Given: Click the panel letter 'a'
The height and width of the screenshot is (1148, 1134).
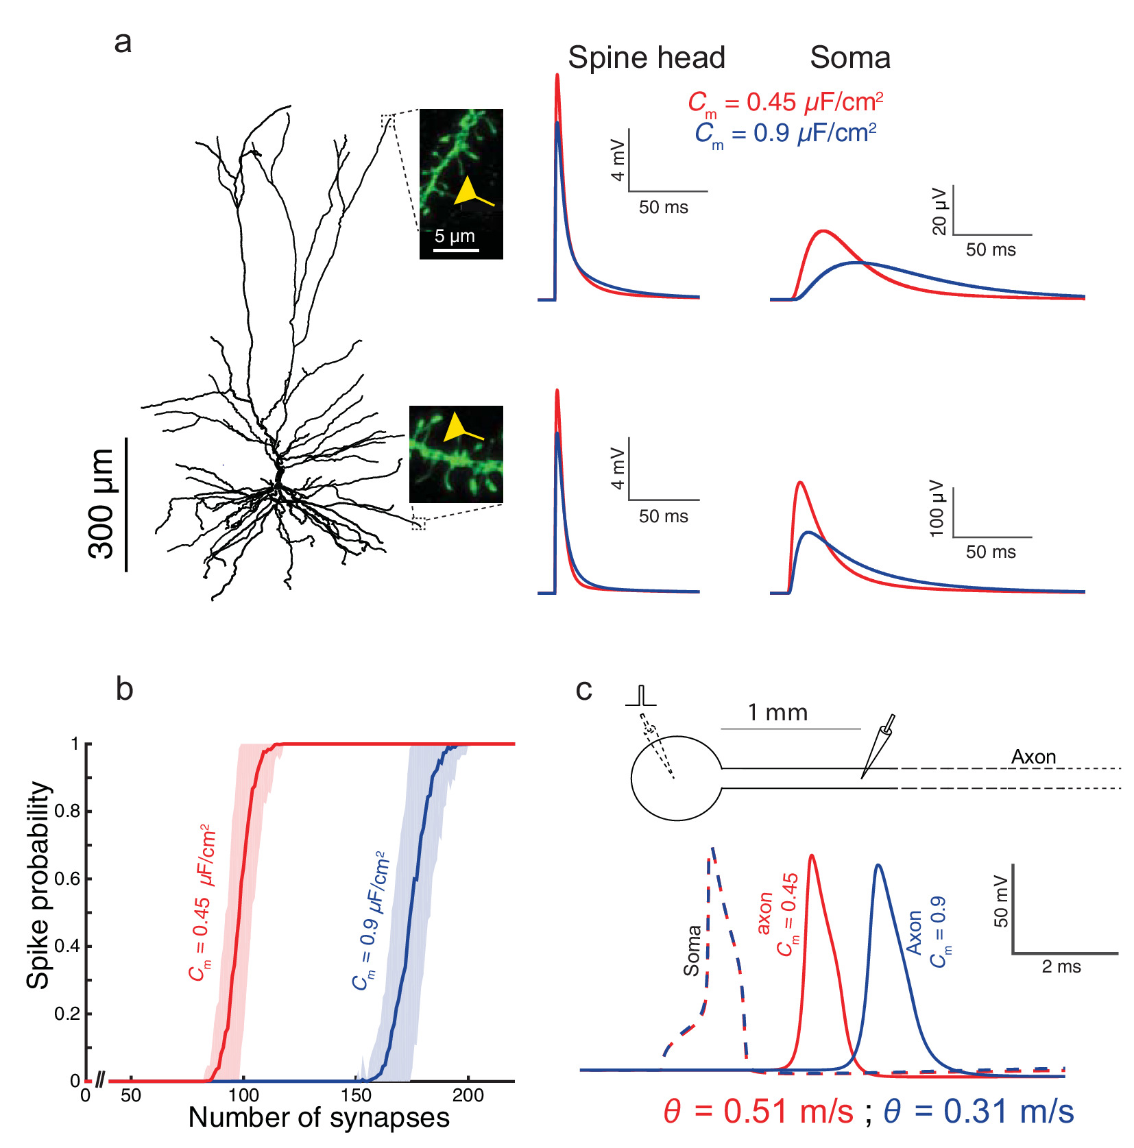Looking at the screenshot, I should click(x=123, y=42).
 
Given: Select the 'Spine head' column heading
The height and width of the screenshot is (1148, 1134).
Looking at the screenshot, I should click(x=646, y=58).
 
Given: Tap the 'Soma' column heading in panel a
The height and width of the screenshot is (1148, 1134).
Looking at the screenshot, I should click(x=850, y=58).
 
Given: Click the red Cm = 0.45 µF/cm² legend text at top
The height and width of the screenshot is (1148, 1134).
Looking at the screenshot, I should click(x=785, y=103).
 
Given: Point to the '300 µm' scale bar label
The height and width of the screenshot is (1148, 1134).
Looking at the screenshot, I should click(x=102, y=504).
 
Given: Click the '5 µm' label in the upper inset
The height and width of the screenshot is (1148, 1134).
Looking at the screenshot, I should click(x=455, y=236).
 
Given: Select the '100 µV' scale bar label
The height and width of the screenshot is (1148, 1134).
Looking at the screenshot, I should click(x=937, y=509).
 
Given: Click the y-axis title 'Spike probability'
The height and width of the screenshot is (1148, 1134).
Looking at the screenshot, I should click(x=39, y=885).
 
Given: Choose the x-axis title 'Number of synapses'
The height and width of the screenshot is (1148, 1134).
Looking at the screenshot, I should click(x=319, y=1117).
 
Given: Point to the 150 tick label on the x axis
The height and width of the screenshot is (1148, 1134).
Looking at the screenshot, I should click(x=356, y=1095).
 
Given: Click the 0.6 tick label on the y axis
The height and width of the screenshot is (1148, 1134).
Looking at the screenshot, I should click(x=67, y=879).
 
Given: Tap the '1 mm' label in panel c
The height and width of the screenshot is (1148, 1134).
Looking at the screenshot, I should click(x=777, y=713).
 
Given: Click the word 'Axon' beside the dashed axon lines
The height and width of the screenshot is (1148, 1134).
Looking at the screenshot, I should click(x=1033, y=757).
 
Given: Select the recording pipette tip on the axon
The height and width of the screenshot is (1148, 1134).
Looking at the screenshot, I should click(x=863, y=777).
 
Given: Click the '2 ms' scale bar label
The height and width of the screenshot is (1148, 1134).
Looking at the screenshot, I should click(x=1061, y=967).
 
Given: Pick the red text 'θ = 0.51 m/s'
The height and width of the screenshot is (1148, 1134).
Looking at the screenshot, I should click(x=758, y=1112).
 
